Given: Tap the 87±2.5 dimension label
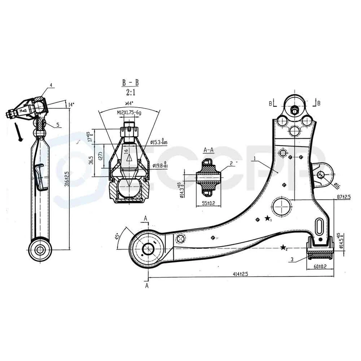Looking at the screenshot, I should [343, 196].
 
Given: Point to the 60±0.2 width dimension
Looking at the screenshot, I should [321, 266].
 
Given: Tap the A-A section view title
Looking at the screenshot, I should [208, 150].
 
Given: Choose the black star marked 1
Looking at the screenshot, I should [267, 218].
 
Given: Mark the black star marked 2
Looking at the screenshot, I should [283, 247].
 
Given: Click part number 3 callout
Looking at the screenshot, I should [292, 259].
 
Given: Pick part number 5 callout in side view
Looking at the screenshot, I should [58, 124].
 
